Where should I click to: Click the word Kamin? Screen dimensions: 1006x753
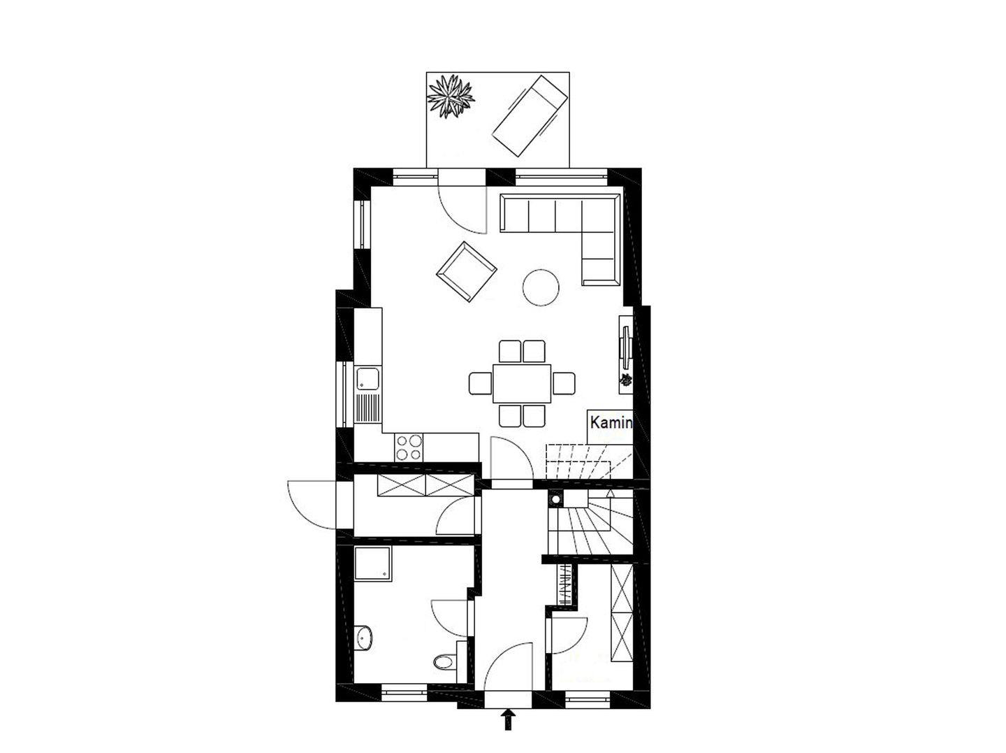(x=611, y=423)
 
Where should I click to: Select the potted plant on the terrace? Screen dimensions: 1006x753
(x=450, y=96)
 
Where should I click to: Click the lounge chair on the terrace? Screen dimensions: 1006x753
(x=529, y=116)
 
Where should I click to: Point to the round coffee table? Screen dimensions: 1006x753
(x=541, y=287)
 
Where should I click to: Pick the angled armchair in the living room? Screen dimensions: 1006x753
(x=467, y=271)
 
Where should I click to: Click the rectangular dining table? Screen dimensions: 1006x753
(x=522, y=383)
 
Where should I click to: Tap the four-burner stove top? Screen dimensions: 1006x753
(x=409, y=447)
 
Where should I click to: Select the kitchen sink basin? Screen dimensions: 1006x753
(x=368, y=379)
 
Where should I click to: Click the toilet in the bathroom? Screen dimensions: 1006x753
(x=444, y=661)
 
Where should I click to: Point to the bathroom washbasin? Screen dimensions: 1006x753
(x=365, y=638)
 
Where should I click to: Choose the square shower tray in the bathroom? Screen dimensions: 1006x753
(x=373, y=564)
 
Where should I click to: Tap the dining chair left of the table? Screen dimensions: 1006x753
(x=481, y=383)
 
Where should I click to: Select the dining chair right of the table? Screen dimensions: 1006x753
(x=564, y=383)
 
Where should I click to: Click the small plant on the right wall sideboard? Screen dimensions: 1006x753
(x=625, y=380)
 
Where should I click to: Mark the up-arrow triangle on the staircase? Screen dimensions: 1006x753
(x=610, y=494)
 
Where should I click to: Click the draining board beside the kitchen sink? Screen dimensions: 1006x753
(x=368, y=408)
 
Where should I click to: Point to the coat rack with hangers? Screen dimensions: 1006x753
(x=564, y=585)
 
